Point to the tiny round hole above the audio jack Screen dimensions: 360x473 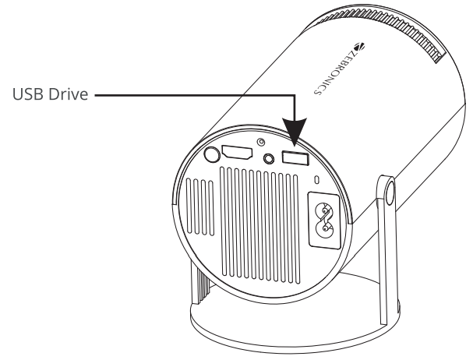point(261,143)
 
